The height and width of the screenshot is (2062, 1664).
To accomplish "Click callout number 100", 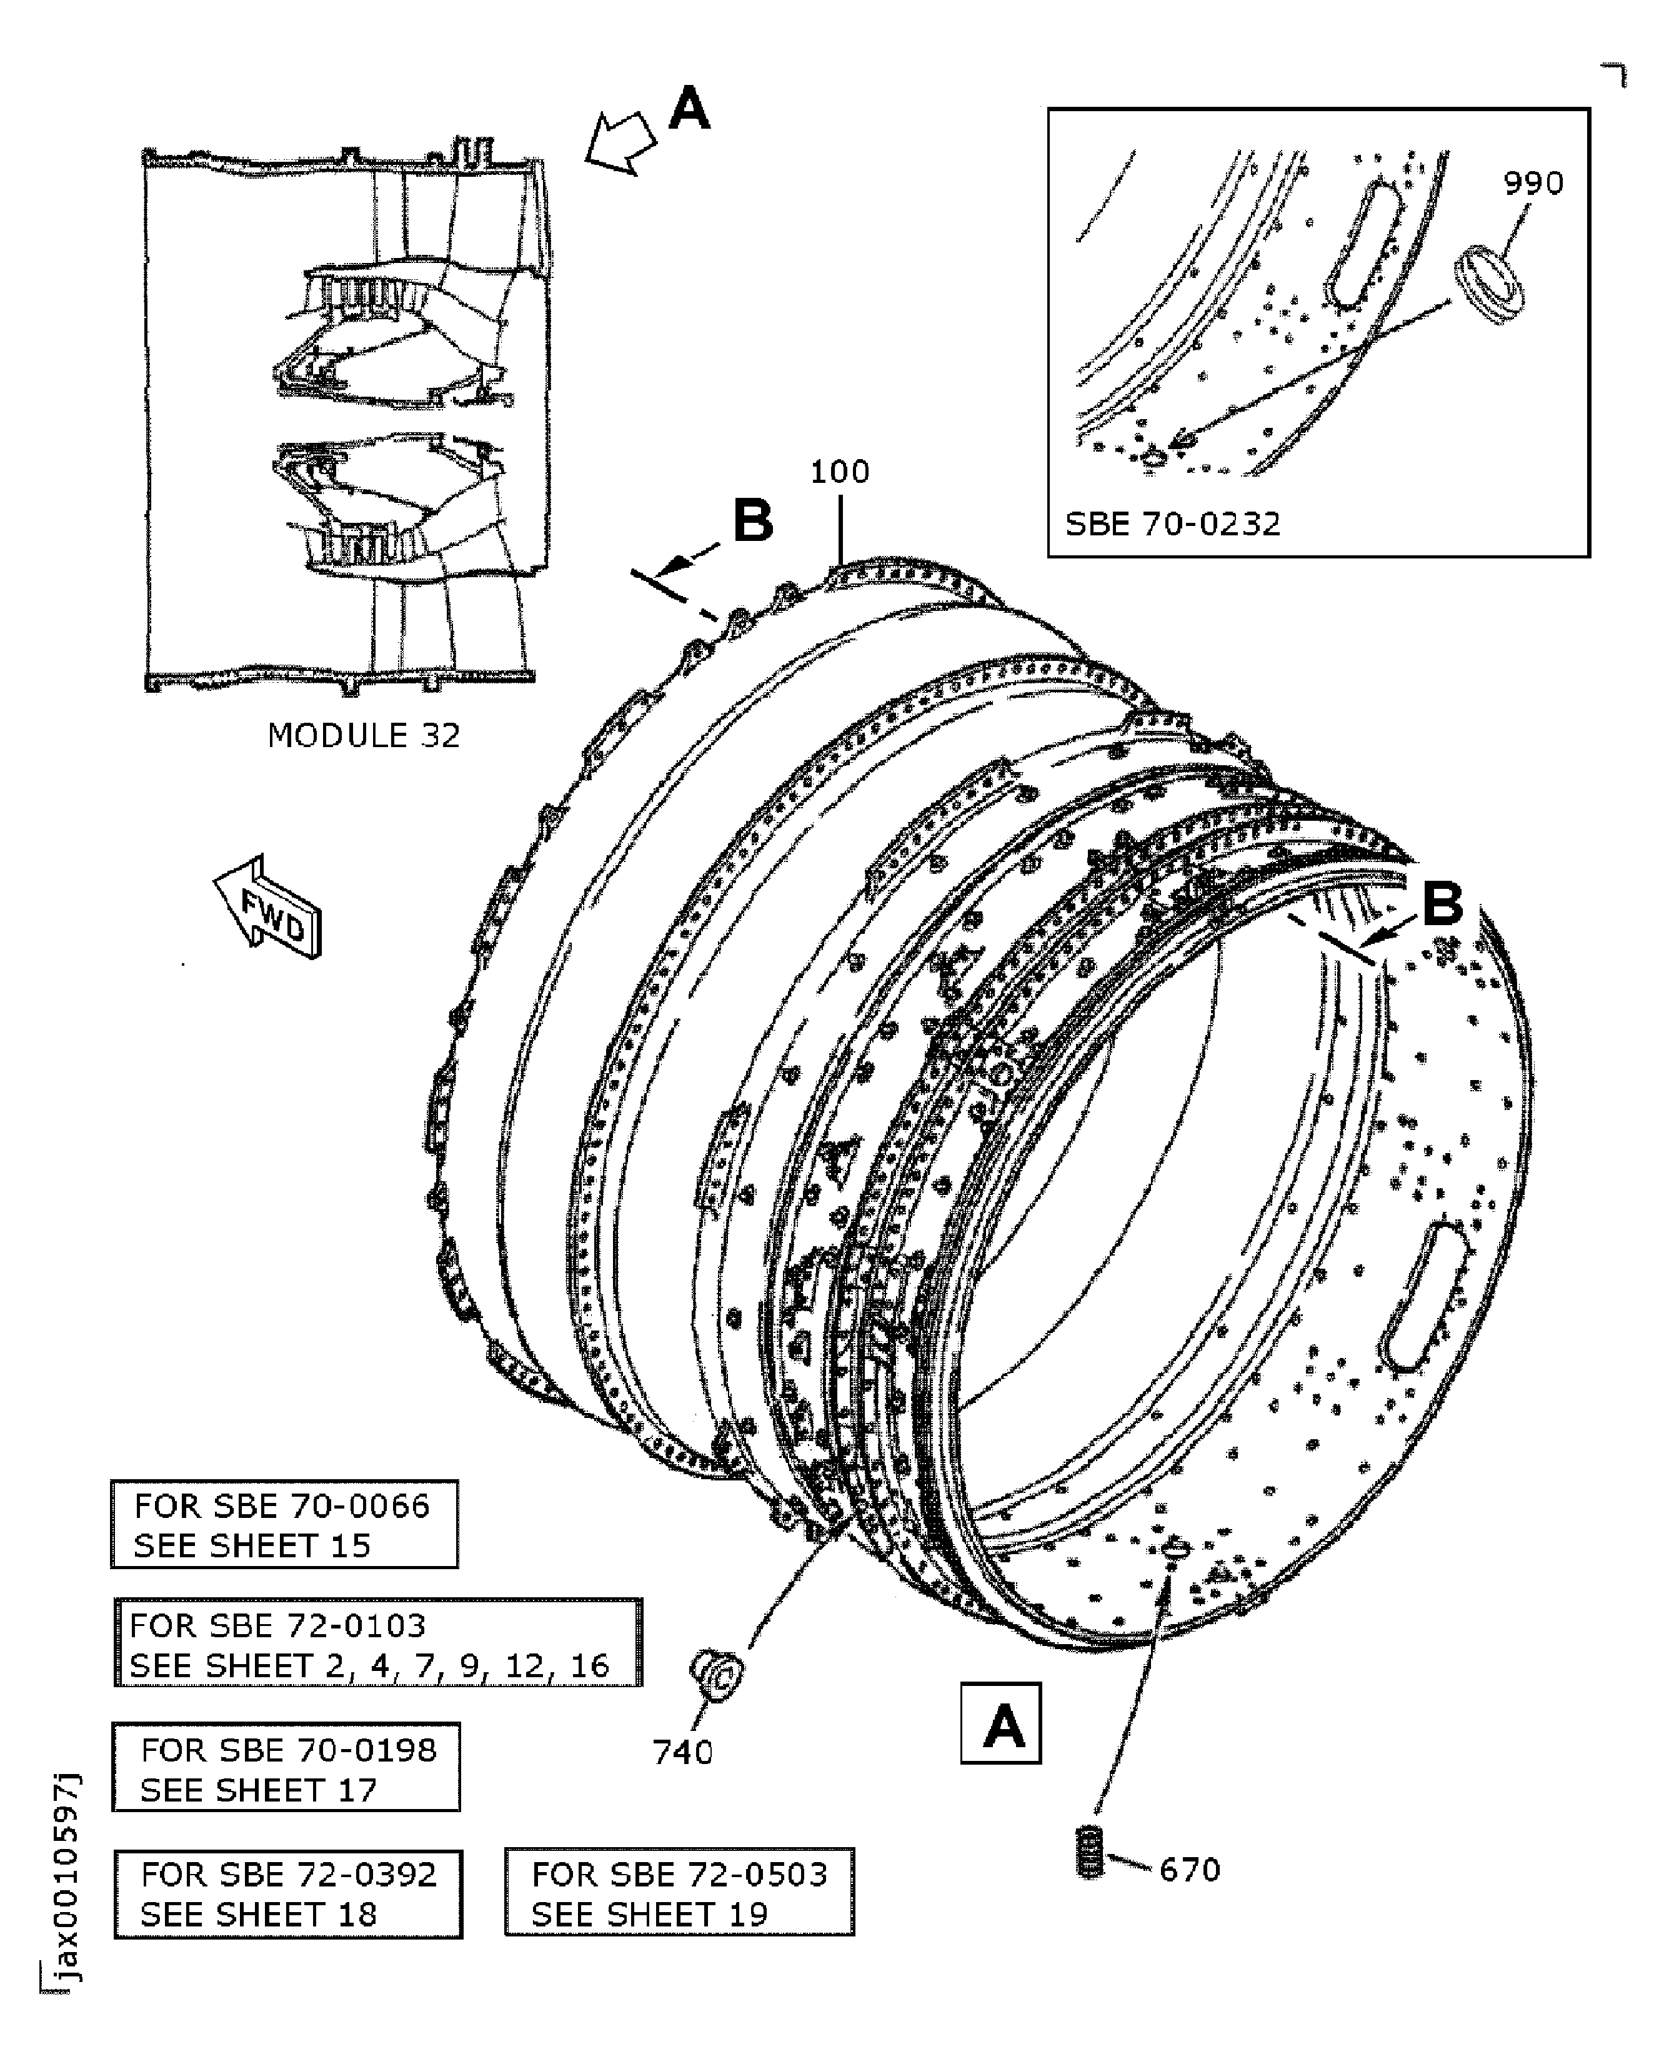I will [x=840, y=472].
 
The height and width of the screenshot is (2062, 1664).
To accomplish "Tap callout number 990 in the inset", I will [x=1533, y=183].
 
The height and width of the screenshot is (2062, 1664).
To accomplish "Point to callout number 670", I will [x=1190, y=1870].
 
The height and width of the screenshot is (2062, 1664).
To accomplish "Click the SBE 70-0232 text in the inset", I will [x=1172, y=524].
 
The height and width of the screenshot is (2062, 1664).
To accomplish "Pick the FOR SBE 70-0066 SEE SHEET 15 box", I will [x=284, y=1524].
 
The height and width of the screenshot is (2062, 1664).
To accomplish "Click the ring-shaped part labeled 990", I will [x=1490, y=285].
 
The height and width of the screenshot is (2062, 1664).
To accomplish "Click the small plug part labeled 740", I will [x=715, y=1674].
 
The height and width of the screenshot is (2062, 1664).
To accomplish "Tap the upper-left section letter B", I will [x=752, y=522].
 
